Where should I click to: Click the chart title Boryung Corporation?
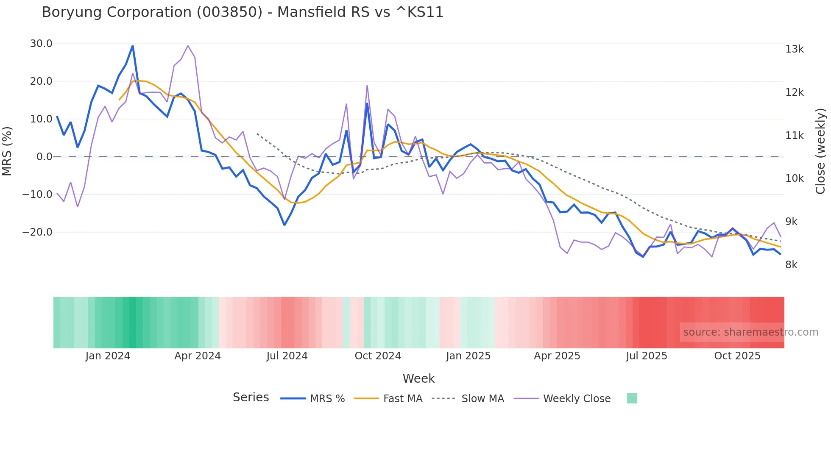point(242,12)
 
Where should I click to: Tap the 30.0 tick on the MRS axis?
point(41,44)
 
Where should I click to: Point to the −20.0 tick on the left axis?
point(37,232)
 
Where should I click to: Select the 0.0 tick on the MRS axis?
point(45,157)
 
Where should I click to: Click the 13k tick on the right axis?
point(794,49)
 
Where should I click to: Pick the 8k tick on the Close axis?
point(791,265)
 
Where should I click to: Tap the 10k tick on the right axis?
point(794,178)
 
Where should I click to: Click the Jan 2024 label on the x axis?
point(108,356)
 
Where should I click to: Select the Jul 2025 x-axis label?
point(647,356)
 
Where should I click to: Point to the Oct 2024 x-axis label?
point(378,356)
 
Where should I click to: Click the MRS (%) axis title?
point(7,151)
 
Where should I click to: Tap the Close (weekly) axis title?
point(820,151)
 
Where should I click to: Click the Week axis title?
point(418,378)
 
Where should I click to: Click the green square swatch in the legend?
point(632,398)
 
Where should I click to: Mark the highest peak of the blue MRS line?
point(133,46)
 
